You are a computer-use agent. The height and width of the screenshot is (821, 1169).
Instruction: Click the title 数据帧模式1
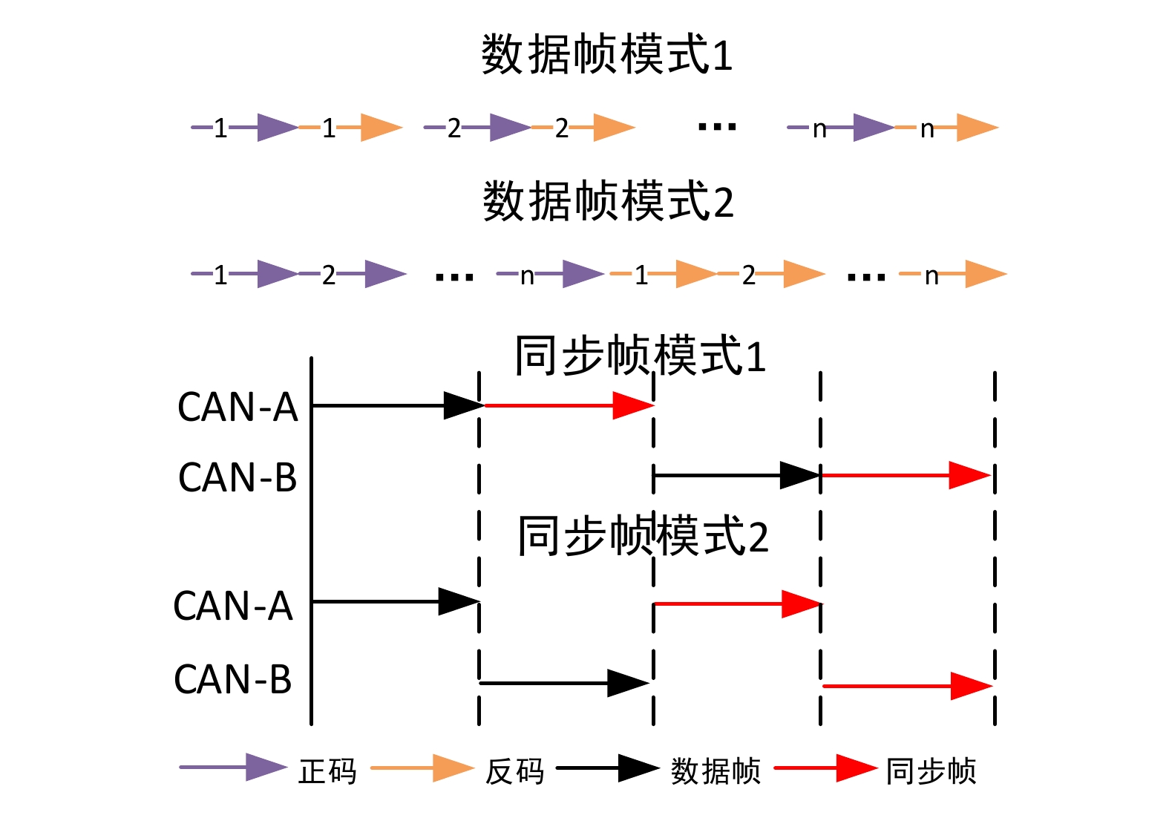tap(607, 55)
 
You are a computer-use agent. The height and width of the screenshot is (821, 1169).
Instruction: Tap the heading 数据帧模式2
tap(608, 202)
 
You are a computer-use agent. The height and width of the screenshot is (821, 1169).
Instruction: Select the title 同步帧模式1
tap(640, 356)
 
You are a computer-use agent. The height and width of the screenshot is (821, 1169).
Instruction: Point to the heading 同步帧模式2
tap(643, 536)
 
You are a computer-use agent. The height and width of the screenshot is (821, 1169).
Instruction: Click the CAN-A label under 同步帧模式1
tap(238, 408)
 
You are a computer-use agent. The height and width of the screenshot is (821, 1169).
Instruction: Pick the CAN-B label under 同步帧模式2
tap(233, 679)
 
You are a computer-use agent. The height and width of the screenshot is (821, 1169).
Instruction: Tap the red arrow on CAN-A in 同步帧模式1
tap(569, 405)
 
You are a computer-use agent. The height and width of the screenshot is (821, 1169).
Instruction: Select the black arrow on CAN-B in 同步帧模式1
tap(736, 475)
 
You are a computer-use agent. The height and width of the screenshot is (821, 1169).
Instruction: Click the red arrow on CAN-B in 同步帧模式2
tap(907, 686)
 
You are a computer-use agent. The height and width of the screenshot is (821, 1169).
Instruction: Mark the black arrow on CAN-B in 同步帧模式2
tap(564, 683)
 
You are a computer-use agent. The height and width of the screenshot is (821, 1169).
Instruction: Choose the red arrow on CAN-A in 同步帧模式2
tap(737, 604)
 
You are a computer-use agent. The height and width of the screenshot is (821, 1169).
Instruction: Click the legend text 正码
tap(327, 771)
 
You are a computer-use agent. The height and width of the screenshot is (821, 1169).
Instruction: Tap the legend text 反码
tap(514, 771)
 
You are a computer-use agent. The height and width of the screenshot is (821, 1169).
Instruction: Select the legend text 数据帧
tap(716, 771)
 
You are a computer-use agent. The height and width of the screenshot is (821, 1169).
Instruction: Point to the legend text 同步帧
tap(931, 771)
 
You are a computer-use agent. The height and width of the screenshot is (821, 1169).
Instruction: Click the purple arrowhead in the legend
tap(265, 768)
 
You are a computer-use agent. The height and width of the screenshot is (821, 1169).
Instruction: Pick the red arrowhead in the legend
tap(855, 768)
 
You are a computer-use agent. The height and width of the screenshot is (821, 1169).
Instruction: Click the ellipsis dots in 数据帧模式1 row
tap(717, 128)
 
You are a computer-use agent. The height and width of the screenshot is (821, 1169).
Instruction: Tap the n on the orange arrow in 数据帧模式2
tap(931, 275)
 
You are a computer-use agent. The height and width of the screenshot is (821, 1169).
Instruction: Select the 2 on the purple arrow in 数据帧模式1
tap(454, 128)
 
